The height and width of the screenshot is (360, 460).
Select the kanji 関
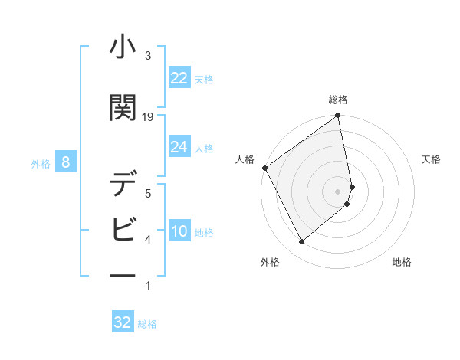coord(123,108)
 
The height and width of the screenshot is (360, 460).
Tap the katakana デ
coord(123,185)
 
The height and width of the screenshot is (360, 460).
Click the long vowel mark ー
coord(123,273)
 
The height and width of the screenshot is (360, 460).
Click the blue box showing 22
coord(179,77)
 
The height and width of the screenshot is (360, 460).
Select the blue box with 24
coord(179,147)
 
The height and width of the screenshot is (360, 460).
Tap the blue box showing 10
coord(179,231)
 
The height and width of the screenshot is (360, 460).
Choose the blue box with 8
coord(67,162)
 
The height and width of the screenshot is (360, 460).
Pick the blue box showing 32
coord(123,322)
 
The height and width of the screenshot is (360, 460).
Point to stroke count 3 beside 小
coord(148,56)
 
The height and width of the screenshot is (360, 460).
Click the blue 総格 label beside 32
coord(147,324)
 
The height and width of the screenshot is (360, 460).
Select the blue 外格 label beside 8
coord(41,163)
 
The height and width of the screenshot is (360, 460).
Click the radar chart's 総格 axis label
coord(338,100)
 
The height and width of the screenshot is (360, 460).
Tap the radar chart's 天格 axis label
coord(431,159)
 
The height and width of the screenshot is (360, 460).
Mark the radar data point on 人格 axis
coord(264,168)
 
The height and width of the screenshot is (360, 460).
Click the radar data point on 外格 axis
coord(301,242)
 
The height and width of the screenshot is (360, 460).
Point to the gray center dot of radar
coord(338,191)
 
